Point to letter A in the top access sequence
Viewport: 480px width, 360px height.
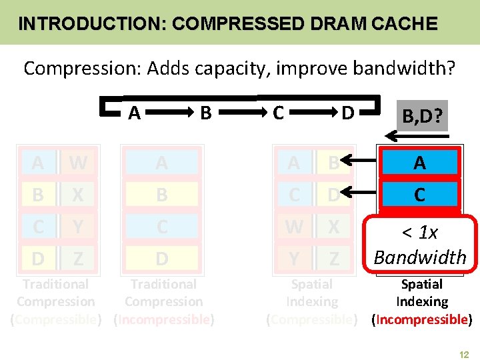pos(135,113)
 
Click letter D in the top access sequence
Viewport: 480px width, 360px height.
pos(347,113)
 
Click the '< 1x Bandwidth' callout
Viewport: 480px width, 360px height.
pos(420,245)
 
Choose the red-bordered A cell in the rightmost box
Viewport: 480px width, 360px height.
pos(420,163)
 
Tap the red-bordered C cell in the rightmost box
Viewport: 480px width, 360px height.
pos(420,194)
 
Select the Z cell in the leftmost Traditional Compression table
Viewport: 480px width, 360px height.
pos(78,258)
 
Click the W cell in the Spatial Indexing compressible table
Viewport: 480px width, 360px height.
pos(294,227)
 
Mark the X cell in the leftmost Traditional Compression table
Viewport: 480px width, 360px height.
pos(78,195)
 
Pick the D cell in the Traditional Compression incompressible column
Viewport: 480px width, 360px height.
pos(162,258)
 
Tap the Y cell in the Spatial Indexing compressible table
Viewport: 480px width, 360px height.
pos(294,258)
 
